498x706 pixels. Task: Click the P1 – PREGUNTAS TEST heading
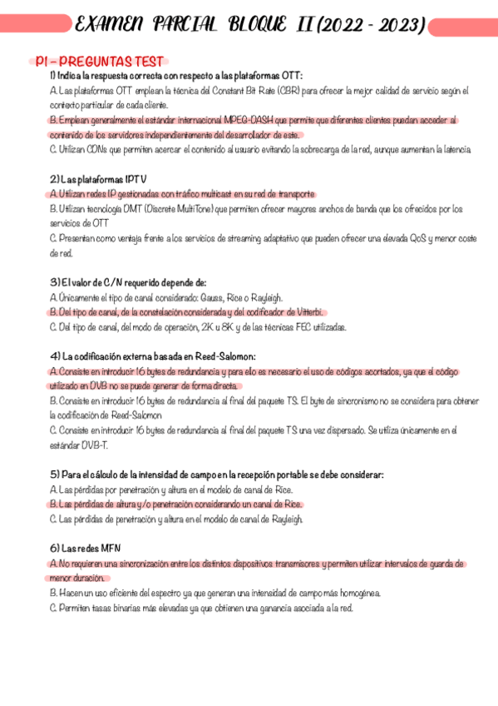100,62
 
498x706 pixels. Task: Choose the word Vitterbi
304,312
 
